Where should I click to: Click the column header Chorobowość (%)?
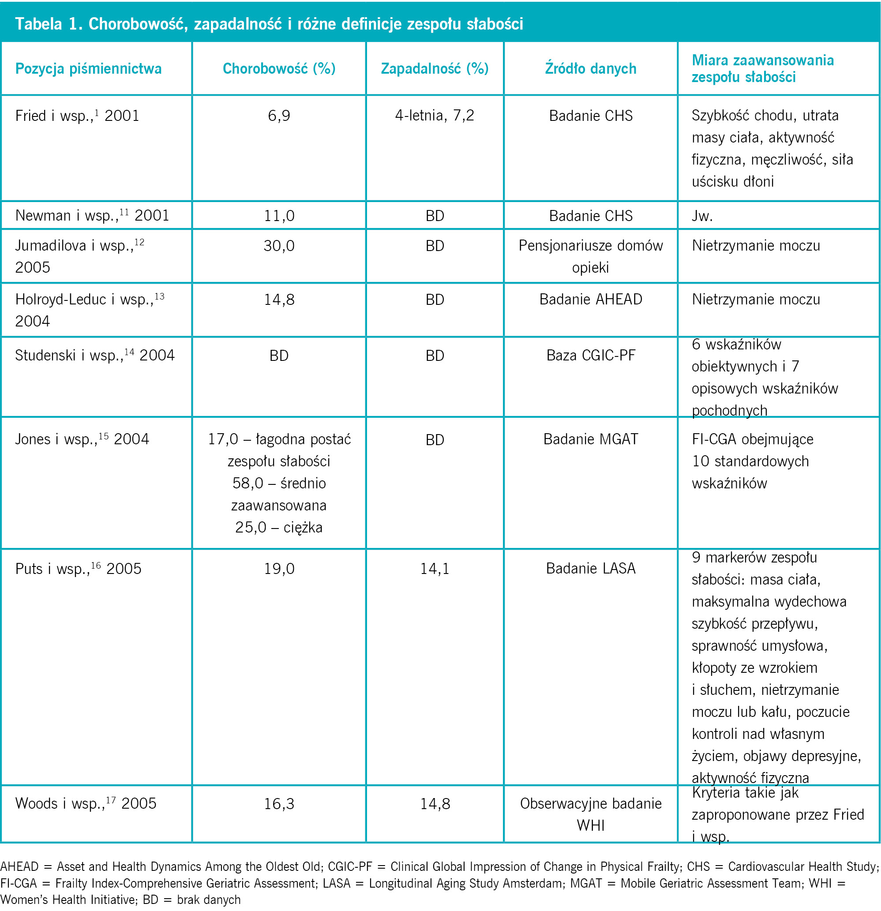point(279,68)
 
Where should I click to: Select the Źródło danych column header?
point(590,68)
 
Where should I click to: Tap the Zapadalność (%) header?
point(435,68)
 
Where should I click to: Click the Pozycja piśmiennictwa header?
point(88,69)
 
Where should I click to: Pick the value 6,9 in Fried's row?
point(279,116)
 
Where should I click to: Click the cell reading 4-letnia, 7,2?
point(435,115)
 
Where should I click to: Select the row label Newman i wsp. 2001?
point(92,215)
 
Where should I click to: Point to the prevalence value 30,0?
point(279,246)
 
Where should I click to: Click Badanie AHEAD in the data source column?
point(591,299)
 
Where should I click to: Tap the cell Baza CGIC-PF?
point(591,355)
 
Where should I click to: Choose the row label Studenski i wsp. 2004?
point(95,355)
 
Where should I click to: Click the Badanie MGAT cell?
point(591,439)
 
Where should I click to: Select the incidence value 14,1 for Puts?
point(435,569)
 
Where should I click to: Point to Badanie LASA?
point(591,569)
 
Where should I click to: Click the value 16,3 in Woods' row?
point(279,804)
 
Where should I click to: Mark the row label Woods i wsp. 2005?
point(86,803)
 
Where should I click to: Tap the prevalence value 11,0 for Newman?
point(279,216)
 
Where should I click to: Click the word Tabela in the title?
point(38,24)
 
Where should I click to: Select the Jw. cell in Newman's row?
point(702,216)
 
